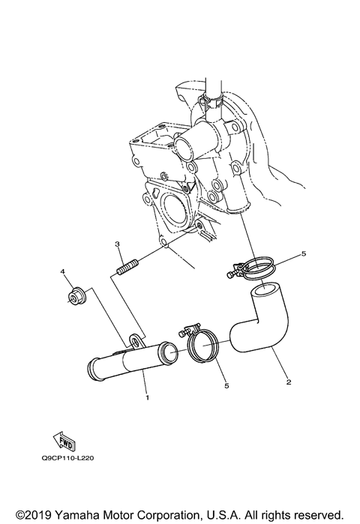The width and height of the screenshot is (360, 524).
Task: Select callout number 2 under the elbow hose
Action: tap(289, 382)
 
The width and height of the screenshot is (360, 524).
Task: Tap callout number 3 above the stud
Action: tap(118, 245)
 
